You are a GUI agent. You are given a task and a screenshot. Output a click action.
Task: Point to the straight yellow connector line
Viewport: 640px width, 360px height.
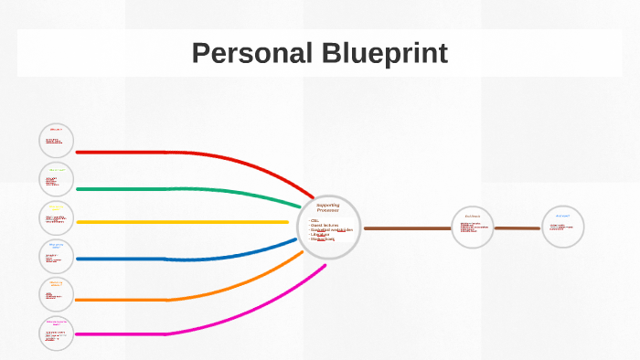tap(183, 222)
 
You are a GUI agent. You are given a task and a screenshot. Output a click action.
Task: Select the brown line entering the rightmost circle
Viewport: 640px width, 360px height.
tap(517, 228)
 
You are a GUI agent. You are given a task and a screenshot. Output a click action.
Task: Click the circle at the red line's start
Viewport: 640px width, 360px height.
tap(57, 141)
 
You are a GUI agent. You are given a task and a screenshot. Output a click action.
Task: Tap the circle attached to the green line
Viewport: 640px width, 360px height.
tap(57, 179)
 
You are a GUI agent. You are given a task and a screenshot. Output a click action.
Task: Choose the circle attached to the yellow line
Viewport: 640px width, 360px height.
tap(57, 217)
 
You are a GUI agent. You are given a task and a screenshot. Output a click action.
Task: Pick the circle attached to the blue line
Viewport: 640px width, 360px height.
tap(57, 257)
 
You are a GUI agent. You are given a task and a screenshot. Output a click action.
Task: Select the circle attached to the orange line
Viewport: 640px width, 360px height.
tap(57, 294)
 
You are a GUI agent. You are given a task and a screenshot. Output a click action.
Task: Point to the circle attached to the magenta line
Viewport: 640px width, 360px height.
tap(57, 334)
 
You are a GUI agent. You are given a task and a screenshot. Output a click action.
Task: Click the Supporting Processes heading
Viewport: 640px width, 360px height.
tap(327, 207)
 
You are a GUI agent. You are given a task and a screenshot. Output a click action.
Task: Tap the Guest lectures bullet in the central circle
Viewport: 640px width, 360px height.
tap(325, 225)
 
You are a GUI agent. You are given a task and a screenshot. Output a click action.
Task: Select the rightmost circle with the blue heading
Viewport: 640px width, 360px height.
tap(562, 227)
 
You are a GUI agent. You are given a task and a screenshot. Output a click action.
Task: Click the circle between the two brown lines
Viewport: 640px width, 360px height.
tap(473, 228)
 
